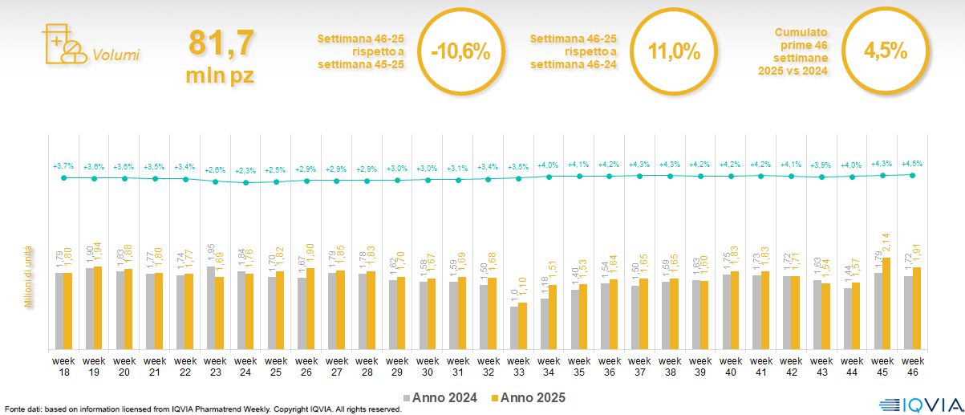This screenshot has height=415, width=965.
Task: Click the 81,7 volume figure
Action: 221,43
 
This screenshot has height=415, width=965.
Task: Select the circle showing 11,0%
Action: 674,52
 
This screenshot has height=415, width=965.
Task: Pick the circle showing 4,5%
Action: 885,52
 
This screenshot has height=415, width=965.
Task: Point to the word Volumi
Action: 116,55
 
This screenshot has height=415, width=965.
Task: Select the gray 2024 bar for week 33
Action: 514,328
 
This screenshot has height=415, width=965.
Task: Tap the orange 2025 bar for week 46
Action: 916,308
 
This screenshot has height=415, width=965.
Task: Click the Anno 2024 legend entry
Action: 441,397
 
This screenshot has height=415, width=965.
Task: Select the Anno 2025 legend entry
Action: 529,397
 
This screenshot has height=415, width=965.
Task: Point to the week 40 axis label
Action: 730,367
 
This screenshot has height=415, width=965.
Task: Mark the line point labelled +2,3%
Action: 246,182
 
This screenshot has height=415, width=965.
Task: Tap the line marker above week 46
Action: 912,174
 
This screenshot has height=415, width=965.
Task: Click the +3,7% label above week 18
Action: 63,166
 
